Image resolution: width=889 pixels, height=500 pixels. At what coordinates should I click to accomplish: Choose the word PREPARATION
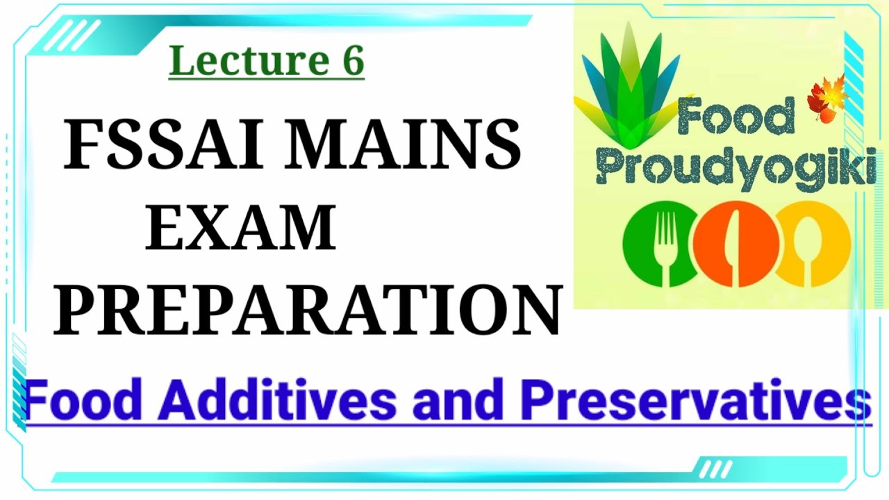[308, 310]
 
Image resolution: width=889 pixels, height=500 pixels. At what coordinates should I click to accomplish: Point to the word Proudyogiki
[736, 169]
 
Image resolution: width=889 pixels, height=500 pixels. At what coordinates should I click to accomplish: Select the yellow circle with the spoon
[813, 244]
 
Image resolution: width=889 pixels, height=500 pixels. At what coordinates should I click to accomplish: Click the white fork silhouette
[666, 247]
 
